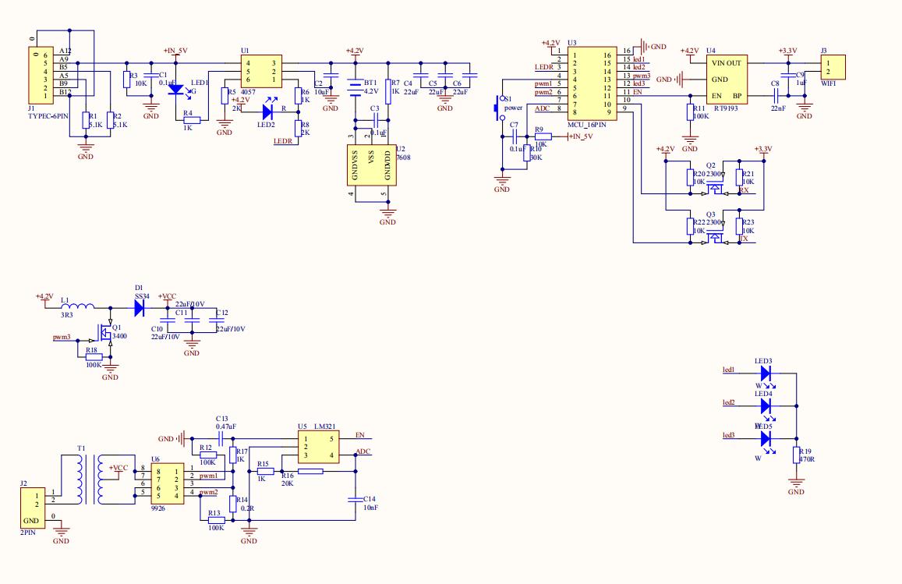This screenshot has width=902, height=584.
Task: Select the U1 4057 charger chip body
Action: click(x=260, y=71)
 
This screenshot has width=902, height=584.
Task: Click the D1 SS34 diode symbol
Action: click(x=140, y=307)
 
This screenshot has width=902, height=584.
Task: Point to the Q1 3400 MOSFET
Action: click(x=106, y=334)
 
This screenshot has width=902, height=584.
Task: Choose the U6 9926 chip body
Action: click(x=168, y=483)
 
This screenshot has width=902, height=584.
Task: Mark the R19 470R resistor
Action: click(x=796, y=455)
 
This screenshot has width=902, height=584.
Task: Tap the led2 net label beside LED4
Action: click(x=728, y=402)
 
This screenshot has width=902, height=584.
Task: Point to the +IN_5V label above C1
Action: click(x=175, y=51)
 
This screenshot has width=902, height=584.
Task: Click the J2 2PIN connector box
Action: click(x=30, y=508)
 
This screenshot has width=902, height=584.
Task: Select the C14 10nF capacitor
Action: click(x=355, y=499)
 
